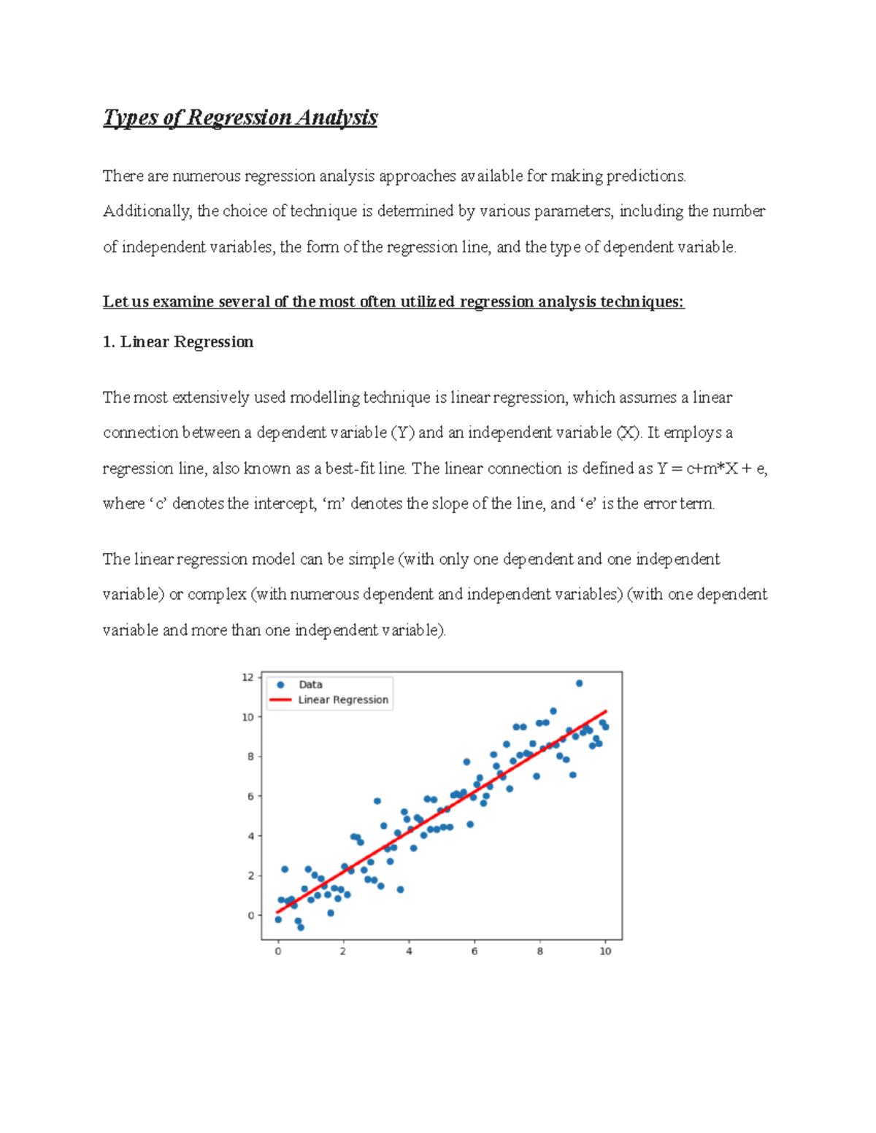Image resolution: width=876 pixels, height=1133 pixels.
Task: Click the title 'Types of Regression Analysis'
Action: pyautogui.click(x=240, y=117)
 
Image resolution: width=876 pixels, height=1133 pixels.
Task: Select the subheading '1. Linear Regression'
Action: pyautogui.click(x=178, y=342)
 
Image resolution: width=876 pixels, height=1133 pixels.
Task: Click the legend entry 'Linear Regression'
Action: pyautogui.click(x=342, y=700)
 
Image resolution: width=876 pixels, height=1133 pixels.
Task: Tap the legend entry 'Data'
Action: pyautogui.click(x=310, y=684)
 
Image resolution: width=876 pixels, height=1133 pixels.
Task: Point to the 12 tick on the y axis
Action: pyautogui.click(x=248, y=678)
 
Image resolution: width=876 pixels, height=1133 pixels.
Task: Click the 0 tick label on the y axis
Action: pyautogui.click(x=250, y=916)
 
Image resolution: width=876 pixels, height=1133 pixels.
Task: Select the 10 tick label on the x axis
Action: pyautogui.click(x=605, y=951)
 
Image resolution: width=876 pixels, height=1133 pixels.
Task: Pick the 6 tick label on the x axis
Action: pyautogui.click(x=474, y=951)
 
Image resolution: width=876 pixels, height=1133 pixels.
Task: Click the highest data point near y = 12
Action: pyautogui.click(x=579, y=684)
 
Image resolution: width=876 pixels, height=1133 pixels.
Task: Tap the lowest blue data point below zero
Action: pyautogui.click(x=301, y=927)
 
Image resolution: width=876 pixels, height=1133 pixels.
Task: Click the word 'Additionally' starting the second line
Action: pyautogui.click(x=147, y=212)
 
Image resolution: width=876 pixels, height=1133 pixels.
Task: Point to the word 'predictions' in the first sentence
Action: pyautogui.click(x=646, y=176)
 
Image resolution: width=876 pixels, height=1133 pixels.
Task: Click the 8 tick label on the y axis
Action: pyautogui.click(x=250, y=757)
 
